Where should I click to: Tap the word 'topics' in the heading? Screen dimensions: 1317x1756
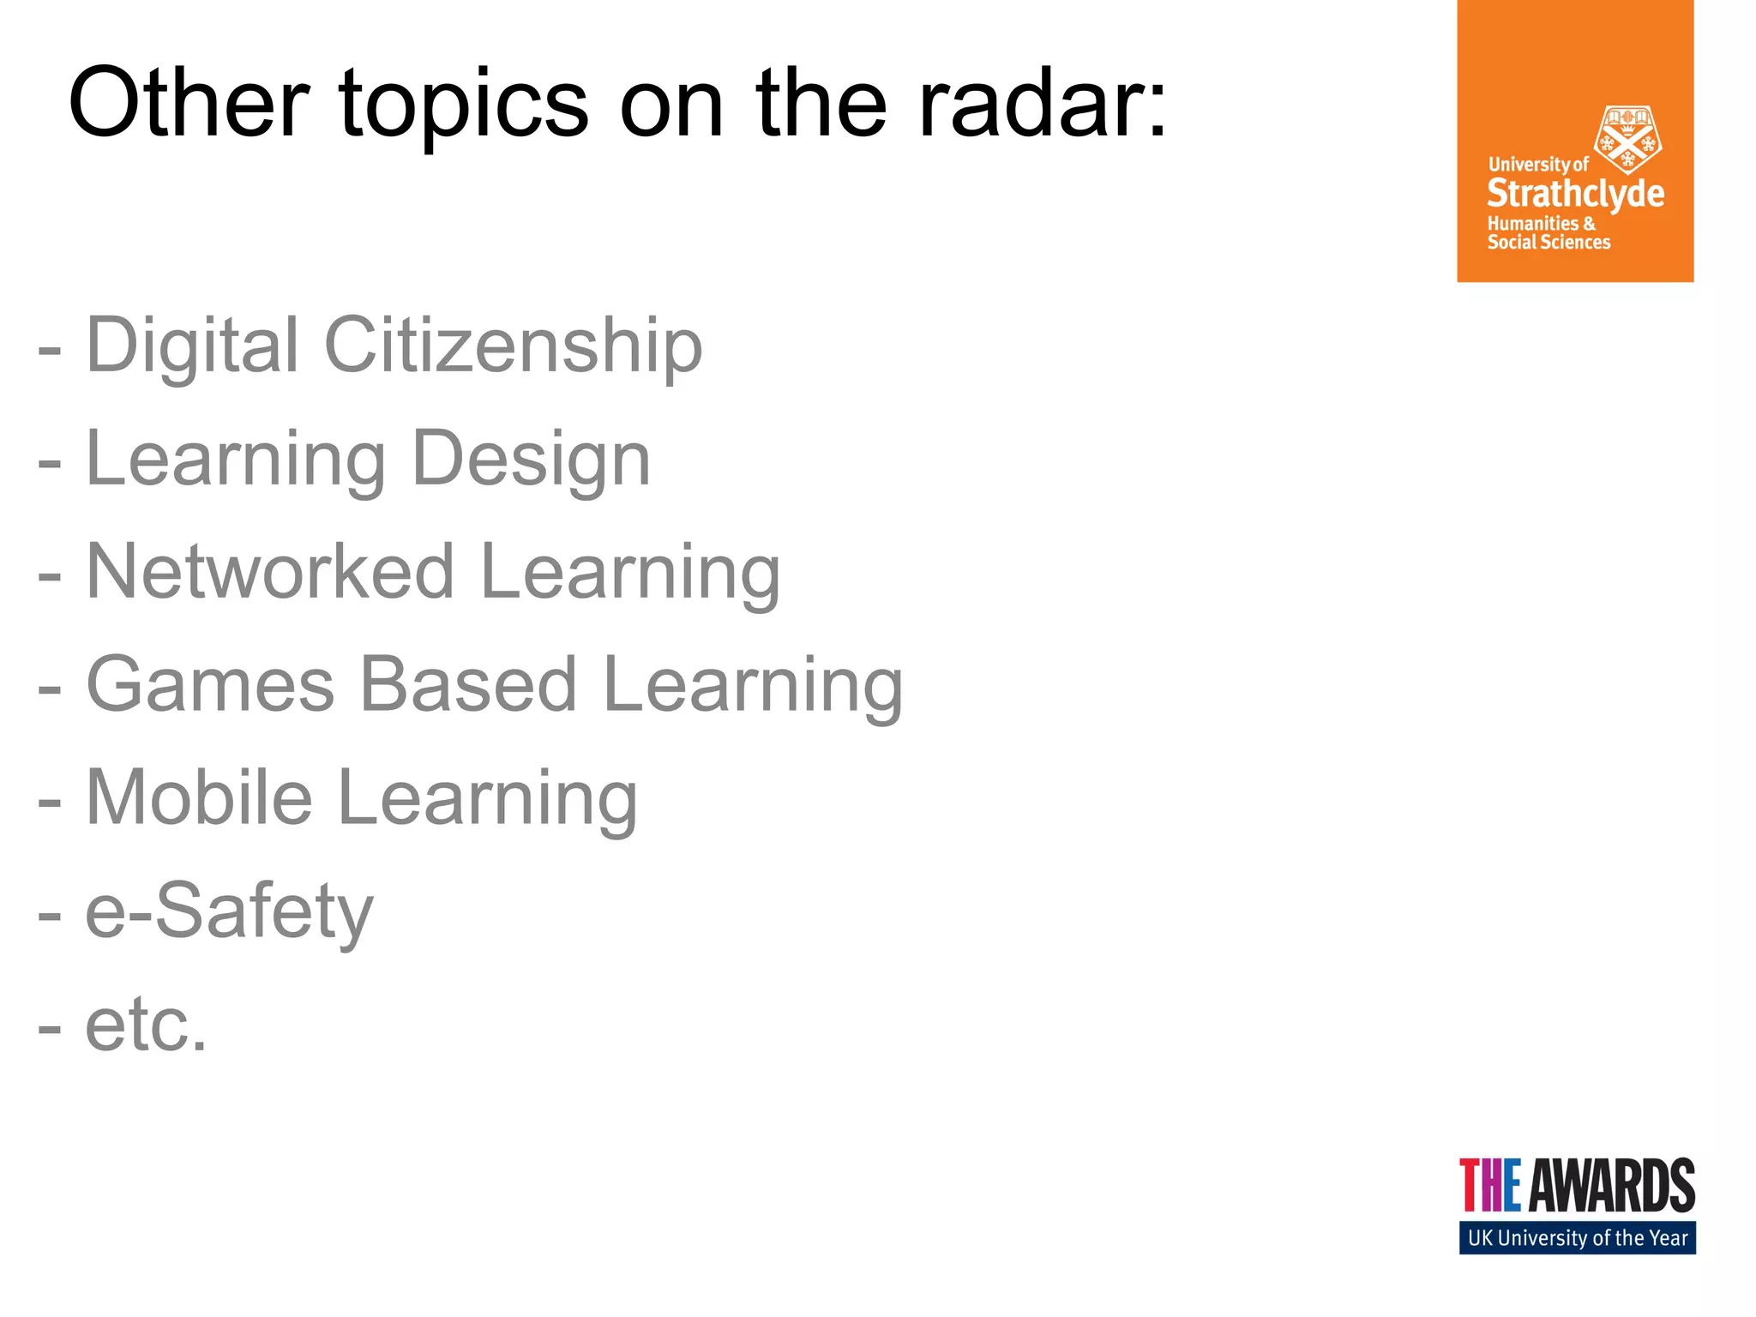(464, 105)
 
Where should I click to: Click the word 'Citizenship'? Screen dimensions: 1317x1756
(513, 346)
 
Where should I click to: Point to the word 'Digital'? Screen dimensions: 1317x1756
(193, 346)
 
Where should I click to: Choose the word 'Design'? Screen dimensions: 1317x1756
(531, 460)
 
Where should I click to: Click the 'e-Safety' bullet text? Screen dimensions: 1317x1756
(229, 911)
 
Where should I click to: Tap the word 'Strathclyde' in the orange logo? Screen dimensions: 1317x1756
(1575, 195)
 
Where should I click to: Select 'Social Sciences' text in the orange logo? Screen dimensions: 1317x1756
(1549, 243)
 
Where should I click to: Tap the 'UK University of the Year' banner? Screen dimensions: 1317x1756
(1577, 1238)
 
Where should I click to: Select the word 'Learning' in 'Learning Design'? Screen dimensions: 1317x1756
(236, 460)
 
